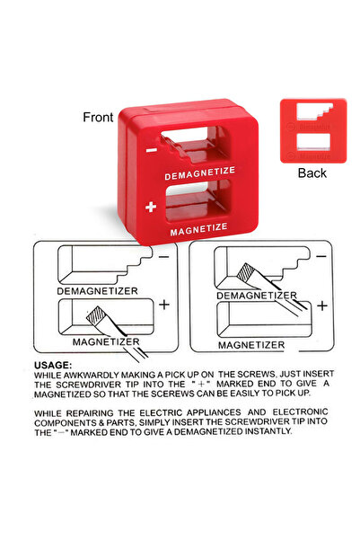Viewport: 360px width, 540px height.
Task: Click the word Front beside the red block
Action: point(98,117)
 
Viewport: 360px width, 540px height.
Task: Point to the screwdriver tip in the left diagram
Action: point(93,314)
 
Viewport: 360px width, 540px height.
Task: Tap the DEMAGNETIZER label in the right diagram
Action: point(256,296)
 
